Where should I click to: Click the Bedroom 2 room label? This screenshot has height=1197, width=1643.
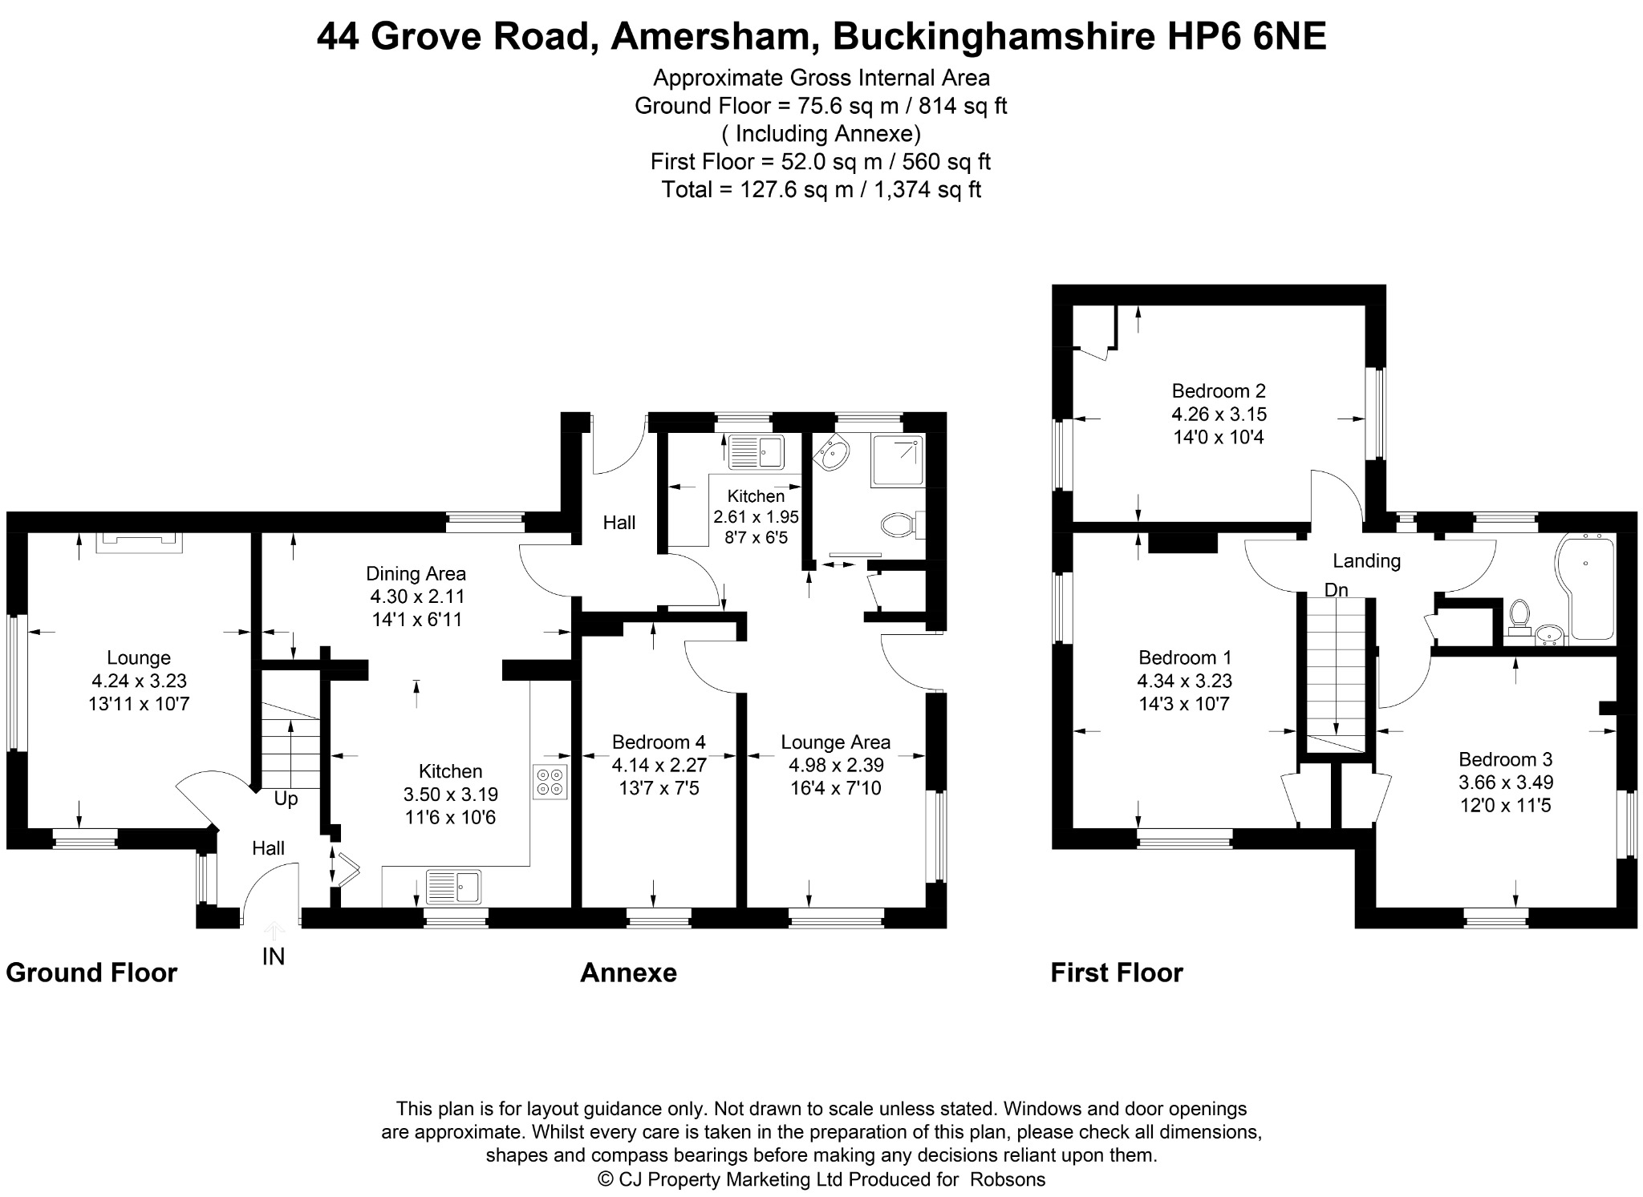(x=1219, y=391)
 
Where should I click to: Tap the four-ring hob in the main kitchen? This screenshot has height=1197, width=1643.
(x=550, y=782)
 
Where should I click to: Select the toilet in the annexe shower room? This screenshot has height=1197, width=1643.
(x=903, y=525)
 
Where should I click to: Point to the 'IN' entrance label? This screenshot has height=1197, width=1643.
(x=274, y=956)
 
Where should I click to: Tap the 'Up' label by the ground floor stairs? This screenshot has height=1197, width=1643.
(x=286, y=799)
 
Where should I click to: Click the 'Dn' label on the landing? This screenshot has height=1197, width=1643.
(x=1336, y=590)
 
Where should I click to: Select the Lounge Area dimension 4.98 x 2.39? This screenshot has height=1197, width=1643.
(x=836, y=766)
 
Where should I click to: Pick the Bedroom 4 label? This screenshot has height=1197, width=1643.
(x=659, y=742)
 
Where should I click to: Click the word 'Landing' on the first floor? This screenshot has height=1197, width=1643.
(x=1367, y=561)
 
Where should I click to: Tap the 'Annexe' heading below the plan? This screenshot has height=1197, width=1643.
(x=628, y=973)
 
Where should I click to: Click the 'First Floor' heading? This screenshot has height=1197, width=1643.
(x=1117, y=973)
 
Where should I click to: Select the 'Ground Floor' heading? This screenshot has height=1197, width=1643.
(x=91, y=973)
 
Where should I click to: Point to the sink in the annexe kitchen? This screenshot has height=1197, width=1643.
(x=756, y=452)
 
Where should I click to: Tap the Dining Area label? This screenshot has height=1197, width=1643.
(x=416, y=573)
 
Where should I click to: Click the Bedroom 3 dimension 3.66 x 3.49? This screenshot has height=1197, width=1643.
(x=1505, y=782)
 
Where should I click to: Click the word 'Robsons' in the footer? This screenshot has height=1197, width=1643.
(x=1008, y=1179)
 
